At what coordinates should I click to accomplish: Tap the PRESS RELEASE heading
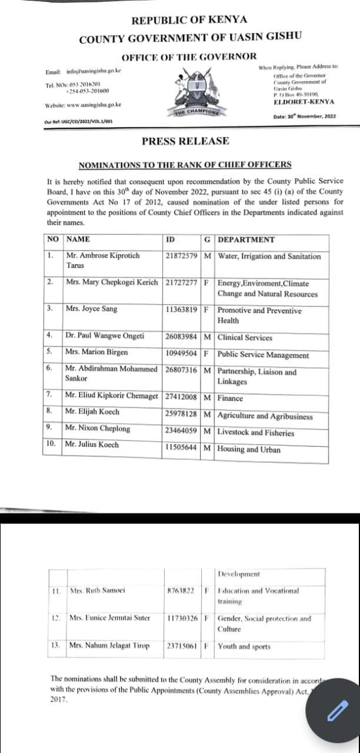[185, 141]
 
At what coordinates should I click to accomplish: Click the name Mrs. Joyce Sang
[91, 309]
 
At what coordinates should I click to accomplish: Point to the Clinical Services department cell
[245, 338]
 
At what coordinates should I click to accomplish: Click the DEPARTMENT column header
[246, 239]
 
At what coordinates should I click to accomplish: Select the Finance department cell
[230, 398]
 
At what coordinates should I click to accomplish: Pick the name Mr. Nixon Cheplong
[97, 428]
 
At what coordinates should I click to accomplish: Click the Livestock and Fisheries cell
[256, 433]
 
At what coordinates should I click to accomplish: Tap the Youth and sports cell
[244, 647]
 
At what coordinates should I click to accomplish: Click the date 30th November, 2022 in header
[305, 116]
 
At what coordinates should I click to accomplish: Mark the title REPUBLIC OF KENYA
[189, 21]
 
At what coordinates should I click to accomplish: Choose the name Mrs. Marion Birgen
[96, 352]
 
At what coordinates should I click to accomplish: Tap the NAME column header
[78, 239]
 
